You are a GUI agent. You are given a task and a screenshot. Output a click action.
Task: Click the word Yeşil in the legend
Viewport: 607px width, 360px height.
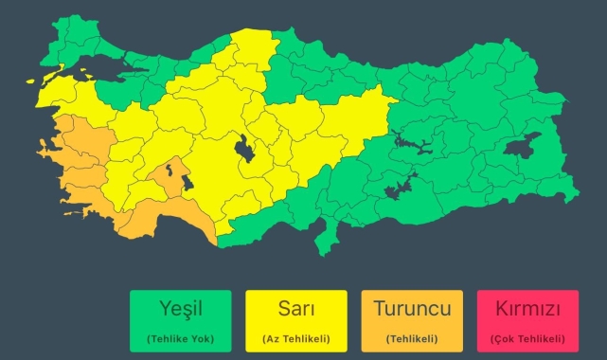click(x=180, y=310)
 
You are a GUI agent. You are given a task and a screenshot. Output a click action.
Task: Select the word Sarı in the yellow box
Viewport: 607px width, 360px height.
click(x=295, y=310)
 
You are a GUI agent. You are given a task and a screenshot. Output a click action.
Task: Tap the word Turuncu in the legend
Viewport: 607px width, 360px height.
click(x=411, y=310)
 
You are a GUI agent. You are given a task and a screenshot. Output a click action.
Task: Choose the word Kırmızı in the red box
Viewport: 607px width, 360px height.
click(x=528, y=310)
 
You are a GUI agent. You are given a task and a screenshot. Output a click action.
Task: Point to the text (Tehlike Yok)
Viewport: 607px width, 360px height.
click(x=180, y=338)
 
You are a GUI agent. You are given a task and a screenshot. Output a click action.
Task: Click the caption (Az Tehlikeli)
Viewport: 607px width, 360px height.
click(x=295, y=338)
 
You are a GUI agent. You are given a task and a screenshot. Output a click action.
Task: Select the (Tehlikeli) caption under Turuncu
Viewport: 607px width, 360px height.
click(x=411, y=338)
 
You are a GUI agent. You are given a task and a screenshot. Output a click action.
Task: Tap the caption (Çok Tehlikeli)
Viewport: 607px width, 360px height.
click(x=528, y=338)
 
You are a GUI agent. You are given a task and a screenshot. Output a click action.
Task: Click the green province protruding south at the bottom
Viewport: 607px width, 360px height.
click(x=328, y=236)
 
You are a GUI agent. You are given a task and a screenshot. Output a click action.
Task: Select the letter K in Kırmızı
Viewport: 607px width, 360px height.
click(x=498, y=310)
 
